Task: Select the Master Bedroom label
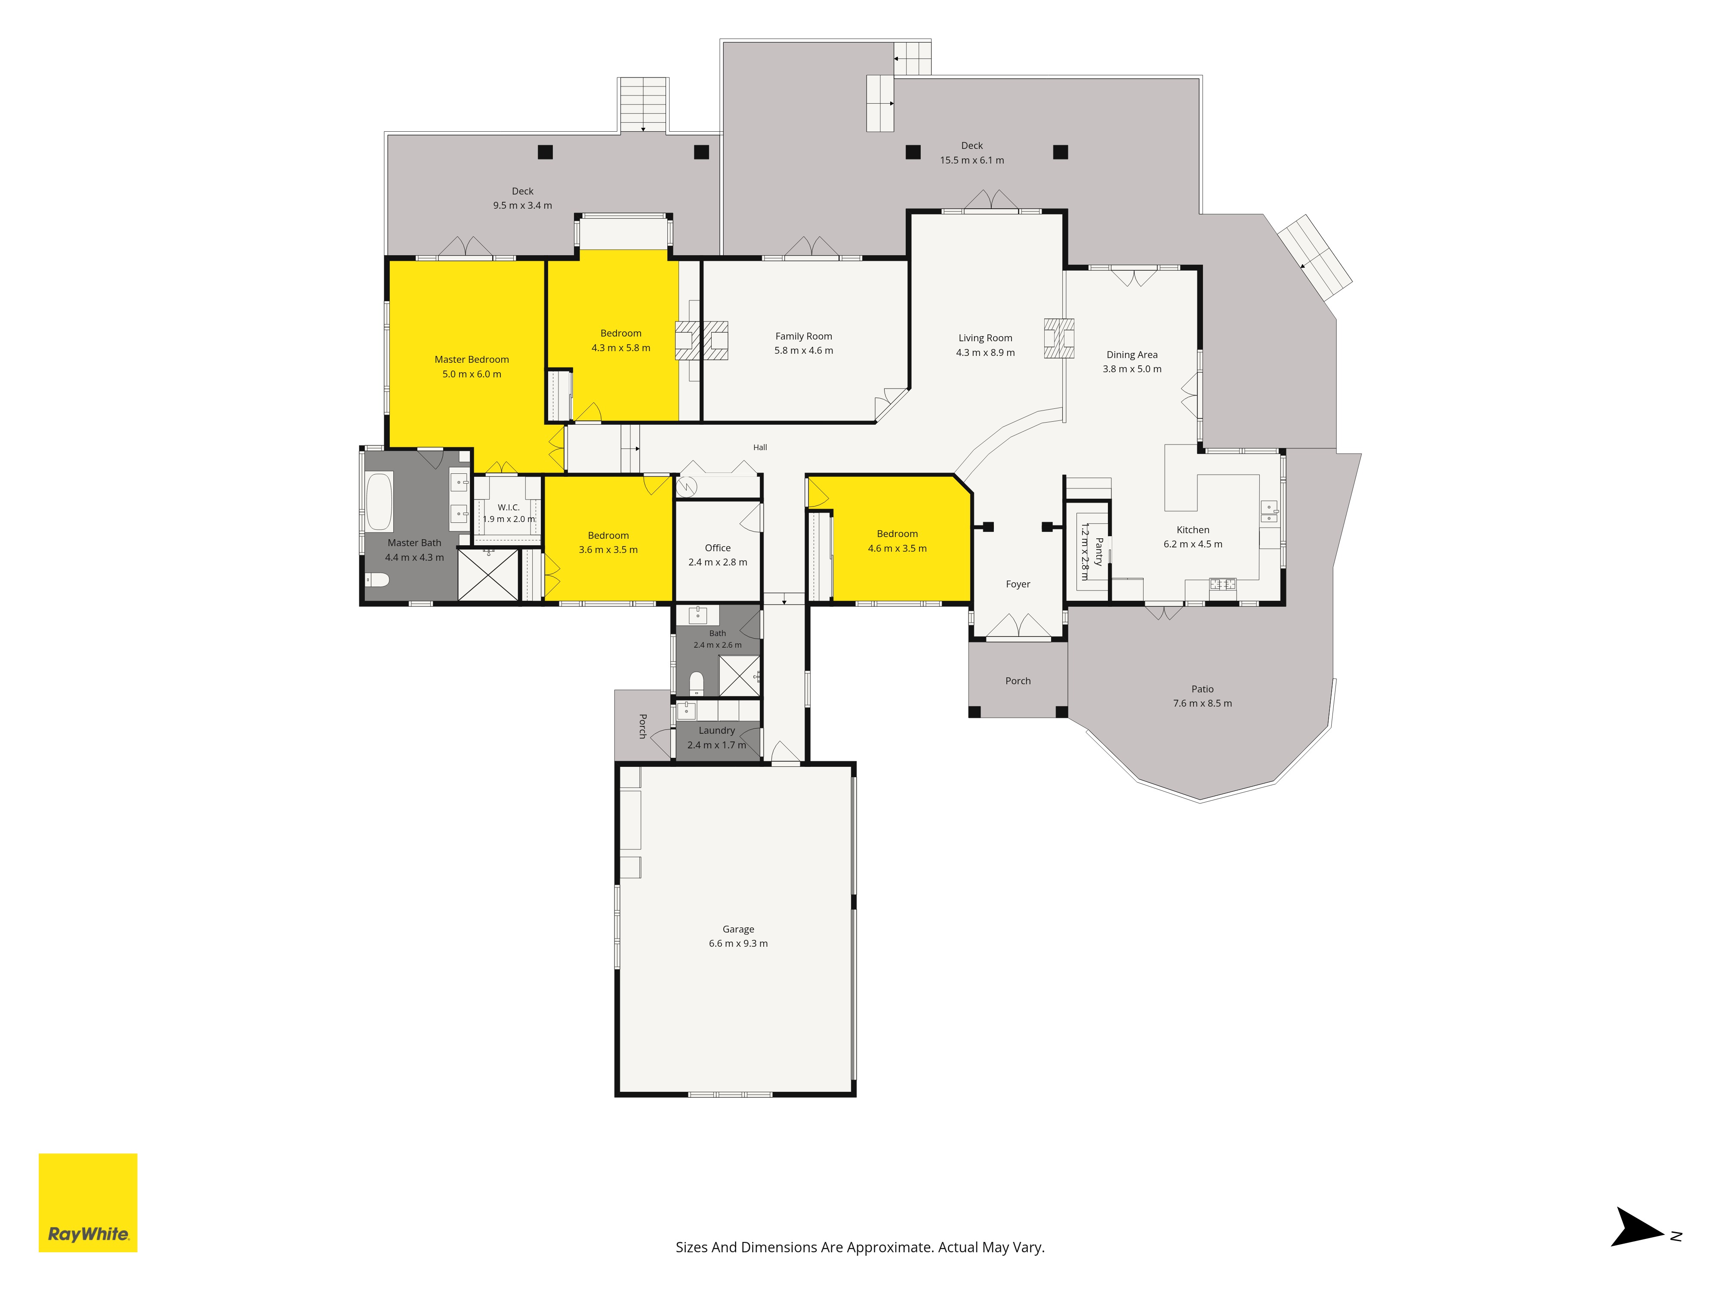tap(472, 359)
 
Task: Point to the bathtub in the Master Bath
tap(379, 501)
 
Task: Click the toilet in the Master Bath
tap(377, 580)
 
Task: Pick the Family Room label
tap(804, 336)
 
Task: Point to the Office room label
tap(717, 548)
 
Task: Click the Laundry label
tap(716, 731)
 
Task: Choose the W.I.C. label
tap(509, 507)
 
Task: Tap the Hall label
tap(760, 448)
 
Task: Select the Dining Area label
tap(1132, 355)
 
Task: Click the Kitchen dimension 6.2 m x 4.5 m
tap(1193, 544)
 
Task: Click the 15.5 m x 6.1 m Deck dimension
tap(972, 161)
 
